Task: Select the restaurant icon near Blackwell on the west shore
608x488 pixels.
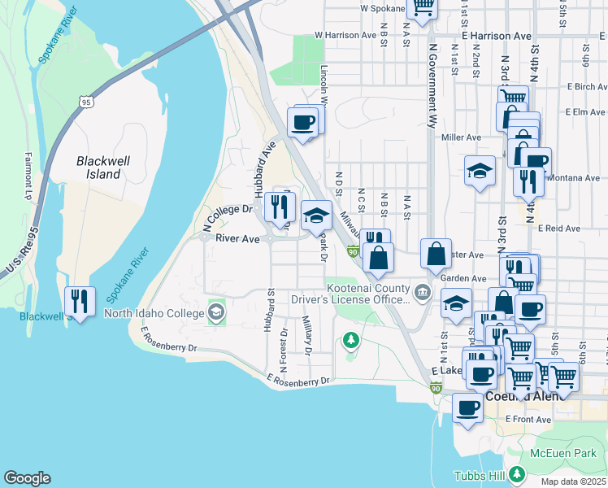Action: [80, 302]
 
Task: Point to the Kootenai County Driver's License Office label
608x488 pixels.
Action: [366, 293]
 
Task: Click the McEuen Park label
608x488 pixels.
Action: [575, 452]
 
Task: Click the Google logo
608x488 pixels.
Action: [27, 478]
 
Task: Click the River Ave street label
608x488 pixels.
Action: [237, 239]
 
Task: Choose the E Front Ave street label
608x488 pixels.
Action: [528, 420]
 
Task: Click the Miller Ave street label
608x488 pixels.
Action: [462, 137]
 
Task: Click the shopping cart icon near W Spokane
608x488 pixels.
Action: [422, 6]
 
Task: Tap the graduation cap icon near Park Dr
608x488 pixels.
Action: [316, 216]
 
